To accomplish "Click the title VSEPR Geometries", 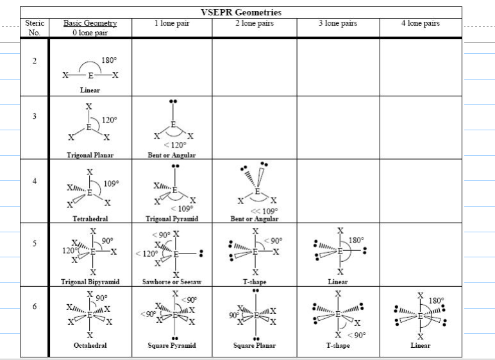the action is click(241, 12).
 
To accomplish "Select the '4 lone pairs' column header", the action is click(421, 23).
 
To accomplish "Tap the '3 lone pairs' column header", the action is click(338, 23).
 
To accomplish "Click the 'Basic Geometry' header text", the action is click(90, 23).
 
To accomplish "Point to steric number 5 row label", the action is click(35, 243).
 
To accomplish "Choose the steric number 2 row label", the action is click(35, 61).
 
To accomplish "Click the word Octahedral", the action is click(90, 345).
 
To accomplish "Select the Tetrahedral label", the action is click(90, 219).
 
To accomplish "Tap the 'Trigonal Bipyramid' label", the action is click(90, 282).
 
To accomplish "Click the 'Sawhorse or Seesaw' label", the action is click(172, 282).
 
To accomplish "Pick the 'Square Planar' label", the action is click(255, 345).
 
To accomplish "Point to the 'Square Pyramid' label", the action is click(172, 345).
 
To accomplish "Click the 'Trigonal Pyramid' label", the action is click(172, 219).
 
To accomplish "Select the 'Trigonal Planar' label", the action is click(90, 155).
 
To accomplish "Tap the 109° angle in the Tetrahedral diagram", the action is click(112, 184).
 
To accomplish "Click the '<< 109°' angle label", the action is click(264, 211).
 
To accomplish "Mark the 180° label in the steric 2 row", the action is click(109, 60).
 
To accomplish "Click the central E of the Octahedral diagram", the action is click(90, 315).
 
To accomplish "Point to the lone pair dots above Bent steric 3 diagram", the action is click(173, 101).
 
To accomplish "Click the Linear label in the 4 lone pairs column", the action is click(421, 345).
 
